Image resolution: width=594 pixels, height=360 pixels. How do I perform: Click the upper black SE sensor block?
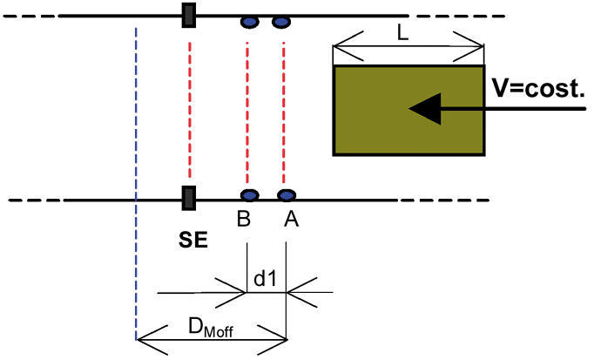188,16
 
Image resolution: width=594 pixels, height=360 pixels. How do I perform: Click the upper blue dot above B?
249,21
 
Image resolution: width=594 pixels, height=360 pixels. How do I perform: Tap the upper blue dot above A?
280,21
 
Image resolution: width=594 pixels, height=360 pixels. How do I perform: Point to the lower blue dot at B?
250,196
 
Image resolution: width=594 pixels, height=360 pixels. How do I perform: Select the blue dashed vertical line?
137,174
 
